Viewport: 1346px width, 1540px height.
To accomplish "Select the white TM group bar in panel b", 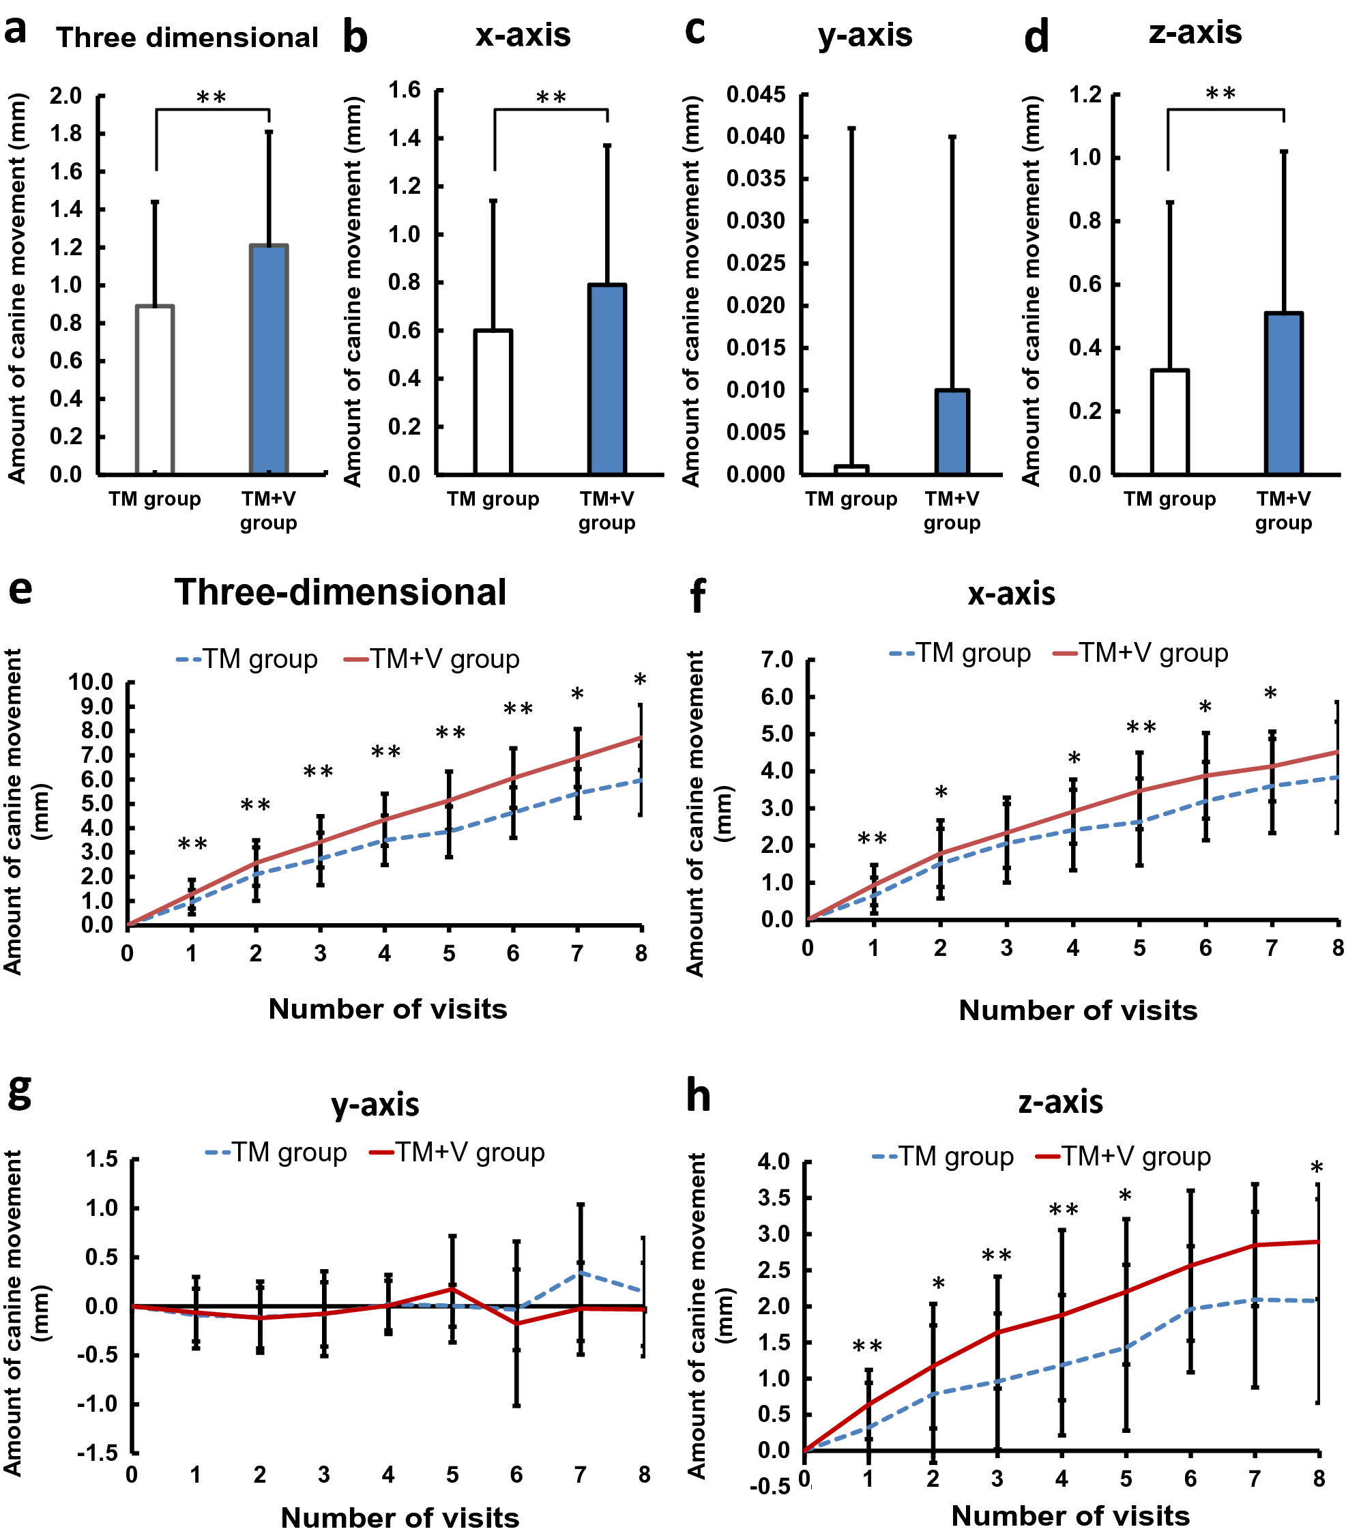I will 493,402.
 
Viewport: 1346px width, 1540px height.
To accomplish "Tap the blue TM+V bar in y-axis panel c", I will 952,432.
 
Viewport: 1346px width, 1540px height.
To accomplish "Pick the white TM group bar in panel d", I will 1169,422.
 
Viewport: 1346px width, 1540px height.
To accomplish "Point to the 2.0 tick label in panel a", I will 66,96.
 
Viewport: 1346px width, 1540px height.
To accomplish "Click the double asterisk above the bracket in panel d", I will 1220,94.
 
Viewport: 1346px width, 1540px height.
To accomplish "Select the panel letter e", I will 20,590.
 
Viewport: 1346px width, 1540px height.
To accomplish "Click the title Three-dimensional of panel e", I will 340,593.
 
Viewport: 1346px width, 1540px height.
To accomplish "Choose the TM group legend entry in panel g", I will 276,1152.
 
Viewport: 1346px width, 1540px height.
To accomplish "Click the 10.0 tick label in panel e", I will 90,682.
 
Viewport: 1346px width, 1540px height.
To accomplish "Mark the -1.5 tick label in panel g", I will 97,1453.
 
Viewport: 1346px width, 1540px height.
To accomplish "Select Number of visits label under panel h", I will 1070,1516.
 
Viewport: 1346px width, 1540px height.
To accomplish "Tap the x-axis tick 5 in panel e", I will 448,954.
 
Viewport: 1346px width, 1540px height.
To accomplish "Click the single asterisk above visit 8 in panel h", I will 1317,1169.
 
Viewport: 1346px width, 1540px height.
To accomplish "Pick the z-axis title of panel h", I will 1061,1102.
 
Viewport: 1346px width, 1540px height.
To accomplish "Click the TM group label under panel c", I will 851,499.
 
